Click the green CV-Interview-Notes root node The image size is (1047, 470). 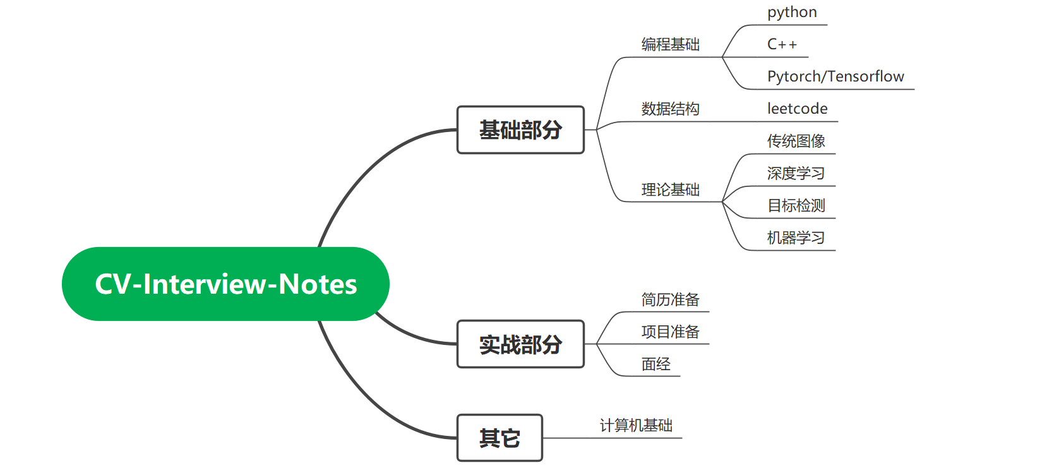point(225,284)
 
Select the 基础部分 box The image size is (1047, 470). point(520,130)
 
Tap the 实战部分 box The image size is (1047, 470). point(520,344)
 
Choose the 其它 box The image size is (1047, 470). point(500,438)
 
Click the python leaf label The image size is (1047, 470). point(792,12)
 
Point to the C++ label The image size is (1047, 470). point(782,44)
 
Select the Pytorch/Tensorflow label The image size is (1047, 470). point(835,76)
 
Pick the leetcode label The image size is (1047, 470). point(797,109)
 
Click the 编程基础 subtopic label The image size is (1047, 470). point(670,44)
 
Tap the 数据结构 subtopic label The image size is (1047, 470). point(670,109)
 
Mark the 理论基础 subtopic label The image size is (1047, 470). point(670,190)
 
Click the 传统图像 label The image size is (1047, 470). point(796,141)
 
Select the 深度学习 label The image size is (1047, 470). point(796,173)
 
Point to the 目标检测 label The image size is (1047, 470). point(796,205)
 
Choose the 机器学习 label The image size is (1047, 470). point(796,238)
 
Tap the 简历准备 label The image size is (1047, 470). point(670,299)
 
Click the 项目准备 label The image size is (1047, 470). point(670,332)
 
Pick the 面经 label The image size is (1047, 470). point(655,364)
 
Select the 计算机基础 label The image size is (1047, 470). point(636,425)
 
